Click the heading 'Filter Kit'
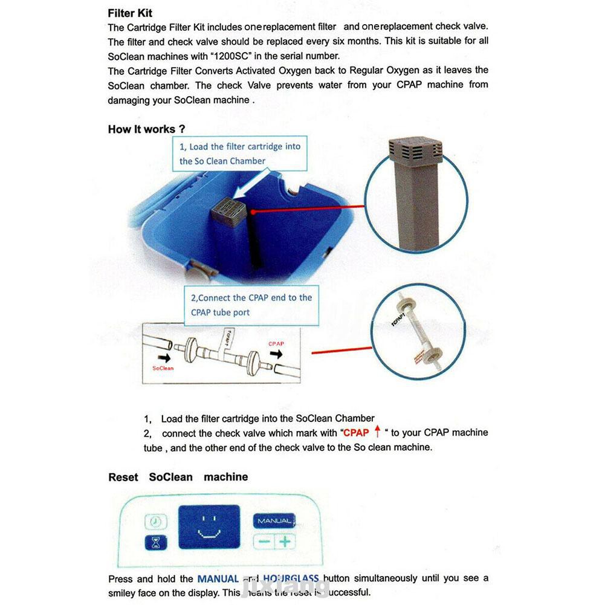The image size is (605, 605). coord(130,13)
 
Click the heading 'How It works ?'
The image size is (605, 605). coord(146,129)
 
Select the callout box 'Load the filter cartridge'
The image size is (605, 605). coord(240,154)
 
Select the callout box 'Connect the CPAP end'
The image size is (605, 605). coord(252,305)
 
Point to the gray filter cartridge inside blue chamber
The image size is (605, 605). coord(228,213)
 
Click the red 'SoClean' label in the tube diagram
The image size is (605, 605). coord(163,367)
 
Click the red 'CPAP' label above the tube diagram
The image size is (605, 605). coord(276,343)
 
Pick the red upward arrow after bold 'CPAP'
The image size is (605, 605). coord(378,432)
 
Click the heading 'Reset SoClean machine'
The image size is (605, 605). coord(178,477)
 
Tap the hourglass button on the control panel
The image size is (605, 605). coord(155,542)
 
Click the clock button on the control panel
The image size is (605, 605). coord(155,522)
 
